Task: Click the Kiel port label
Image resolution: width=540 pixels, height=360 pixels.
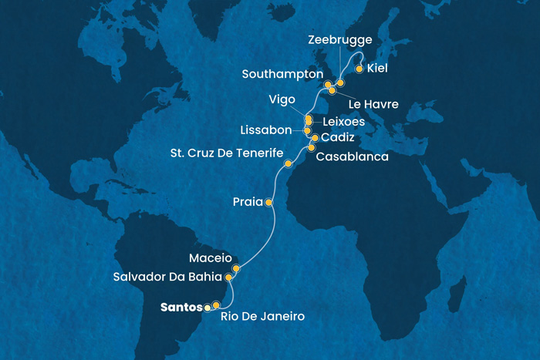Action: tap(377, 69)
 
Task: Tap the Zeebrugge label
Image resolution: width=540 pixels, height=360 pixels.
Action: tap(340, 40)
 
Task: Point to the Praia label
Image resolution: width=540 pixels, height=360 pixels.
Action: tap(247, 203)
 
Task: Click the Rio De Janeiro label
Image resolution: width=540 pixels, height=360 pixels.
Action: tap(262, 316)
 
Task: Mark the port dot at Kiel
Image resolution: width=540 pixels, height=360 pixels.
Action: tap(359, 69)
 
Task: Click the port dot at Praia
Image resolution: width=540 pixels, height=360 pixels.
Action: tap(268, 203)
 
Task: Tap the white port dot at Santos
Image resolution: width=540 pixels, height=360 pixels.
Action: tap(207, 307)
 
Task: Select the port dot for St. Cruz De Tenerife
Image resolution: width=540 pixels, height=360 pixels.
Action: tap(289, 163)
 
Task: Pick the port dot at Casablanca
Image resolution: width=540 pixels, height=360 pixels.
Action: tap(312, 148)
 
